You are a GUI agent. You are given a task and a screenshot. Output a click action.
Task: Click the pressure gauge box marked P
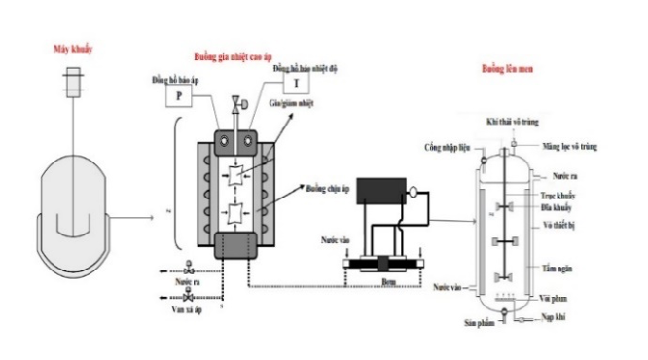click(x=179, y=95)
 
